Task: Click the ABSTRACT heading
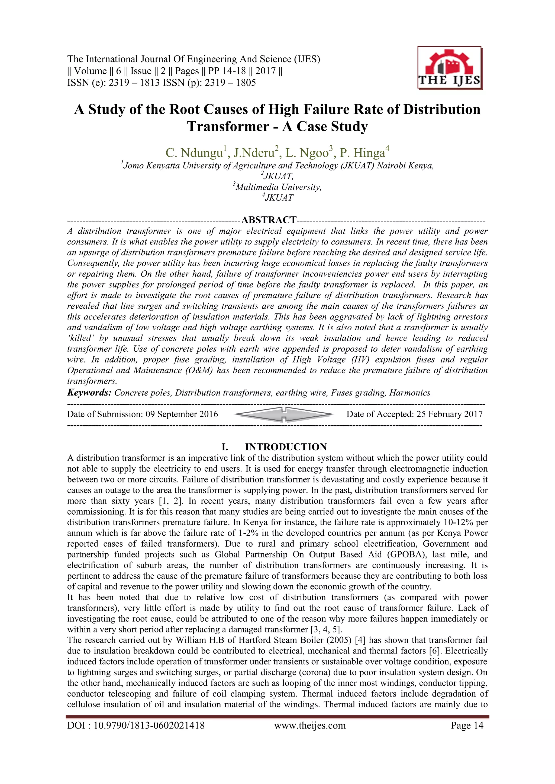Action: pyautogui.click(x=269, y=220)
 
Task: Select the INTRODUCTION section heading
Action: pyautogui.click(x=286, y=447)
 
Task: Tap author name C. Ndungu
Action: pyautogui.click(x=195, y=153)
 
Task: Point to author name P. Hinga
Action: pyautogui.click(x=363, y=153)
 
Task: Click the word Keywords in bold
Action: pyautogui.click(x=89, y=393)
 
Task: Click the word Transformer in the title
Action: pyautogui.click(x=228, y=127)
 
